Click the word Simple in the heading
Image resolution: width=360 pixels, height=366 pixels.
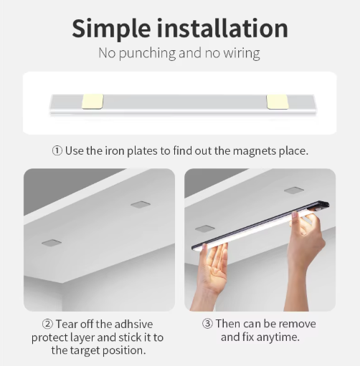[111, 29]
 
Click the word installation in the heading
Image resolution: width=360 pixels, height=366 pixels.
[222, 28]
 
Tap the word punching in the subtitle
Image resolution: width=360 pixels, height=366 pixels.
[147, 53]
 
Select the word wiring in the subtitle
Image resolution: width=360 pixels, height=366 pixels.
[242, 53]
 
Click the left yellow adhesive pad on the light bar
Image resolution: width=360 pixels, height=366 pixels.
[93, 102]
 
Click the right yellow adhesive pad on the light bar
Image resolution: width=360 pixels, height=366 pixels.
[278, 102]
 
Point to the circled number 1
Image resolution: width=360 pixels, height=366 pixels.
[57, 151]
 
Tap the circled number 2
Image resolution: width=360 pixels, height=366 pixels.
[47, 324]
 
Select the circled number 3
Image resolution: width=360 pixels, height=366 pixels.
[207, 324]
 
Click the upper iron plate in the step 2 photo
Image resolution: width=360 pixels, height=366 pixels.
[141, 205]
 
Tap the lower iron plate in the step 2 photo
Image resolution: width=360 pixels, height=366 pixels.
[52, 243]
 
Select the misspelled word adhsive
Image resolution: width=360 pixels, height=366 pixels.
[133, 324]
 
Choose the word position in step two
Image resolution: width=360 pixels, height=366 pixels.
[124, 350]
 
